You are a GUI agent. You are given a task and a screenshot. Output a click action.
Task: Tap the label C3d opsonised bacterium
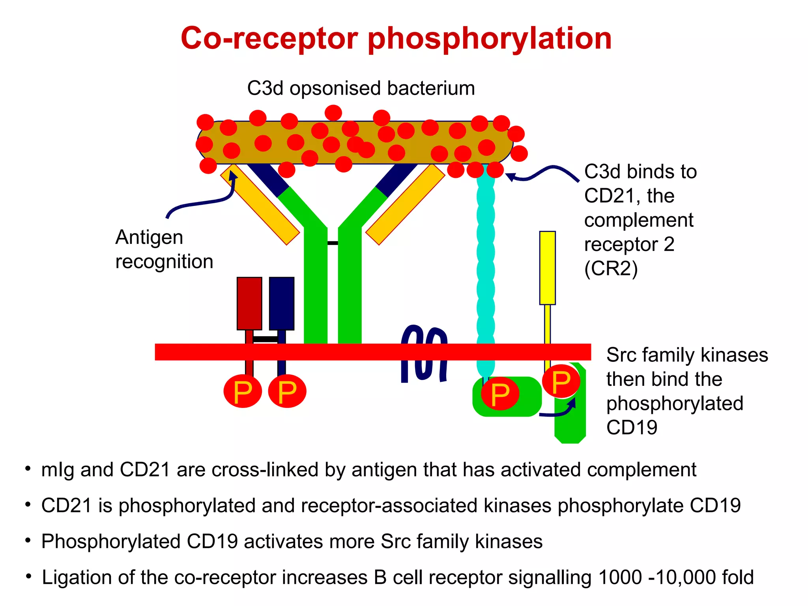tap(361, 88)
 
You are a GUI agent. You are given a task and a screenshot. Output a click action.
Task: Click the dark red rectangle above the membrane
tap(249, 303)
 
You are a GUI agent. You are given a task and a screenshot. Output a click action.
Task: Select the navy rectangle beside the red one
tap(281, 303)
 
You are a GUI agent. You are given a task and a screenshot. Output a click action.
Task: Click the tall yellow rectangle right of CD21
tap(547, 267)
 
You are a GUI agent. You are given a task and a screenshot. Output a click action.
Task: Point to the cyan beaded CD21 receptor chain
tap(485, 272)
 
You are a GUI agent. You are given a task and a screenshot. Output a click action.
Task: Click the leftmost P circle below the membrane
tap(243, 391)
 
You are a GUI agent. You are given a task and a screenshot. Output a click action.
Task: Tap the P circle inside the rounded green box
tap(500, 393)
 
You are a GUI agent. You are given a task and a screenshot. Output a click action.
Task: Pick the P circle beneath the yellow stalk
tap(561, 382)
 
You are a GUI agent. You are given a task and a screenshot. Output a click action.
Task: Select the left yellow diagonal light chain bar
tap(260, 204)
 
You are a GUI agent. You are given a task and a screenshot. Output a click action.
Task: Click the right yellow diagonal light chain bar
tap(405, 204)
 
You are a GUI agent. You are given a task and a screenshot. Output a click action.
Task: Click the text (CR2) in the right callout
tap(610, 269)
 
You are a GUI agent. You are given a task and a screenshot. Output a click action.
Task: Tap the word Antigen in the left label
tap(149, 238)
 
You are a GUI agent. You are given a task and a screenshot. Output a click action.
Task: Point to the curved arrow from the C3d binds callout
tap(542, 174)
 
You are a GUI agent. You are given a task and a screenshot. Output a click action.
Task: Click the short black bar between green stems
tap(333, 243)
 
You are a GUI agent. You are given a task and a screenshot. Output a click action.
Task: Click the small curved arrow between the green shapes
tap(558, 410)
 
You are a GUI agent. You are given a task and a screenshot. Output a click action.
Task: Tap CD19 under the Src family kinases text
tap(632, 428)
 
